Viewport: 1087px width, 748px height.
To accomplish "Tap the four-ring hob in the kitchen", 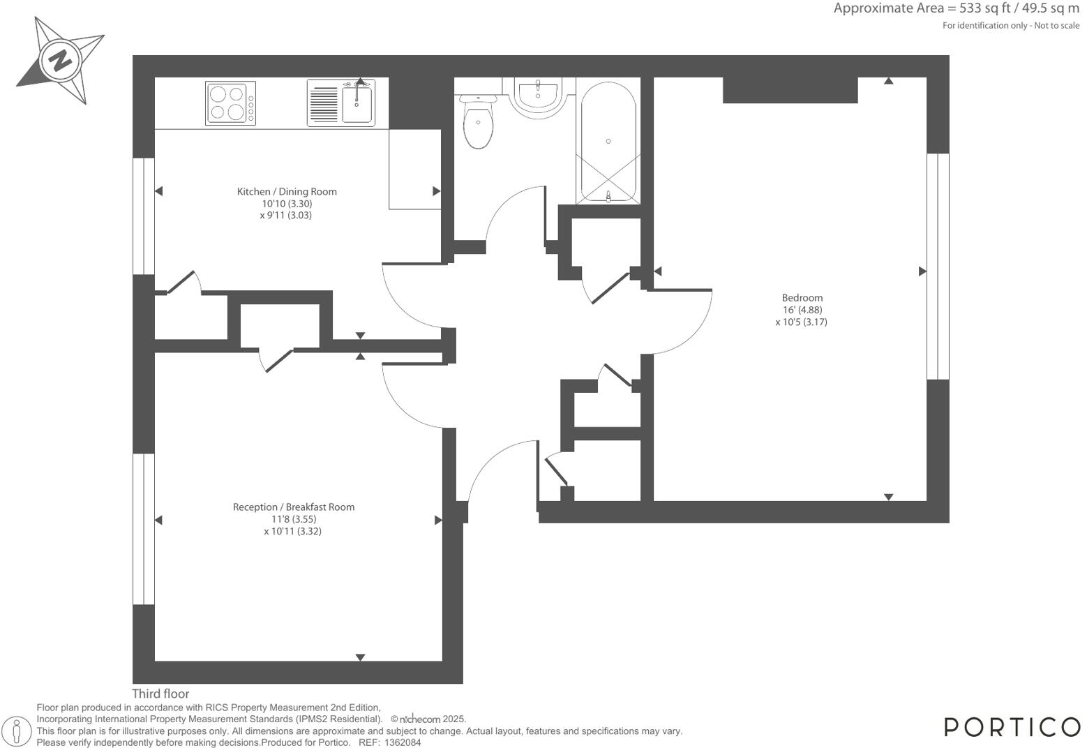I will point(230,103).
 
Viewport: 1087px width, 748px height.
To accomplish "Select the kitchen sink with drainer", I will point(340,103).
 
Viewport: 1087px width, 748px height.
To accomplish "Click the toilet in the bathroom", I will point(478,123).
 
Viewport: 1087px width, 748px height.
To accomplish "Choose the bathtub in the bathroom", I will point(608,142).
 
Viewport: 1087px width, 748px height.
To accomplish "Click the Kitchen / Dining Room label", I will point(287,191).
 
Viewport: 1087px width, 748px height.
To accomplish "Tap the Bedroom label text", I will point(802,298).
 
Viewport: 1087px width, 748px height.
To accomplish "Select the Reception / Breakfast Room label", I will point(293,507).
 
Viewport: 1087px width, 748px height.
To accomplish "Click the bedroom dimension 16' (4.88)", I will point(802,310).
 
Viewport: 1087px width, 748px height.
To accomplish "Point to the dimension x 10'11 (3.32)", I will point(292,531).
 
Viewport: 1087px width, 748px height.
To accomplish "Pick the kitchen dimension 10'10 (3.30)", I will point(287,204).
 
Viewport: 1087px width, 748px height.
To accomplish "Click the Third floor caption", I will point(160,694).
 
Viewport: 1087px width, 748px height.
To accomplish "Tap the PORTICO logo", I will point(1012,726).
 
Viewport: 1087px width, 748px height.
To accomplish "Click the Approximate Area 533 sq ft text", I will point(956,9).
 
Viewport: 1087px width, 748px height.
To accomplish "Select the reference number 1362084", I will point(403,742).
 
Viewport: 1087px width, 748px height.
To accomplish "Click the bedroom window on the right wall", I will point(938,267).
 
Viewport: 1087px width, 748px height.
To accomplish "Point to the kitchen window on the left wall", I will point(143,216).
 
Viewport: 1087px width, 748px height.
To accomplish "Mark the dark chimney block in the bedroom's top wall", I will point(790,90).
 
